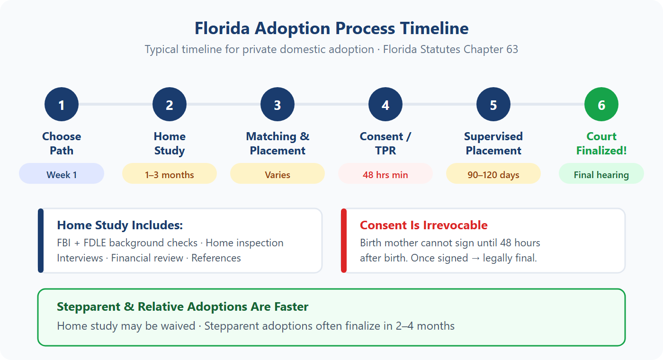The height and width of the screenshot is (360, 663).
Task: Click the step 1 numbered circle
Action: pos(62,105)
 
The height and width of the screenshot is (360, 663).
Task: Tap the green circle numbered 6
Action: pos(601,105)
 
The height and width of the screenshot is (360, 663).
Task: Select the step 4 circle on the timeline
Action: pos(385,105)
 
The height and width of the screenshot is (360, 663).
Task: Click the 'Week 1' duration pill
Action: pos(62,175)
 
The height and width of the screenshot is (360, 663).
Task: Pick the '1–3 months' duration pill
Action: pos(170,175)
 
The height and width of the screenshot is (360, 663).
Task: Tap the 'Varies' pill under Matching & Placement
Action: pos(278,175)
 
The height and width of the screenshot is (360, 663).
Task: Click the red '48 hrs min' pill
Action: pos(385,175)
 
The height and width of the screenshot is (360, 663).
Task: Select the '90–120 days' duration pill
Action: pos(493,175)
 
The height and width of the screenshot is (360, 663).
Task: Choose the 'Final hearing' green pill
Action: pos(601,175)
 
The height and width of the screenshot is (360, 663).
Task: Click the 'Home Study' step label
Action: pos(170,144)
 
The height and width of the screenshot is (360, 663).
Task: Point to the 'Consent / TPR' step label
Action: pos(385,144)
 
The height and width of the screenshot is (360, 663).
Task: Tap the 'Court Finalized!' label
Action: pos(601,144)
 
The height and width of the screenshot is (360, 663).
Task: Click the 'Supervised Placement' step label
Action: pos(493,144)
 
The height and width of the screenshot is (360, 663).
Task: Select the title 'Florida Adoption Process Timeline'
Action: pos(331,28)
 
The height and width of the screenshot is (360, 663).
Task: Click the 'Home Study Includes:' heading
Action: pos(120,225)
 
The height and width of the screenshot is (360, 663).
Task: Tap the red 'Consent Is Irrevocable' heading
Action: pos(424,225)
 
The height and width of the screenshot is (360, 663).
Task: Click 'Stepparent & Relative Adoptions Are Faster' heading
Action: pos(183,307)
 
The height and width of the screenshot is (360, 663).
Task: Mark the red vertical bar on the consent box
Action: pos(344,241)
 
